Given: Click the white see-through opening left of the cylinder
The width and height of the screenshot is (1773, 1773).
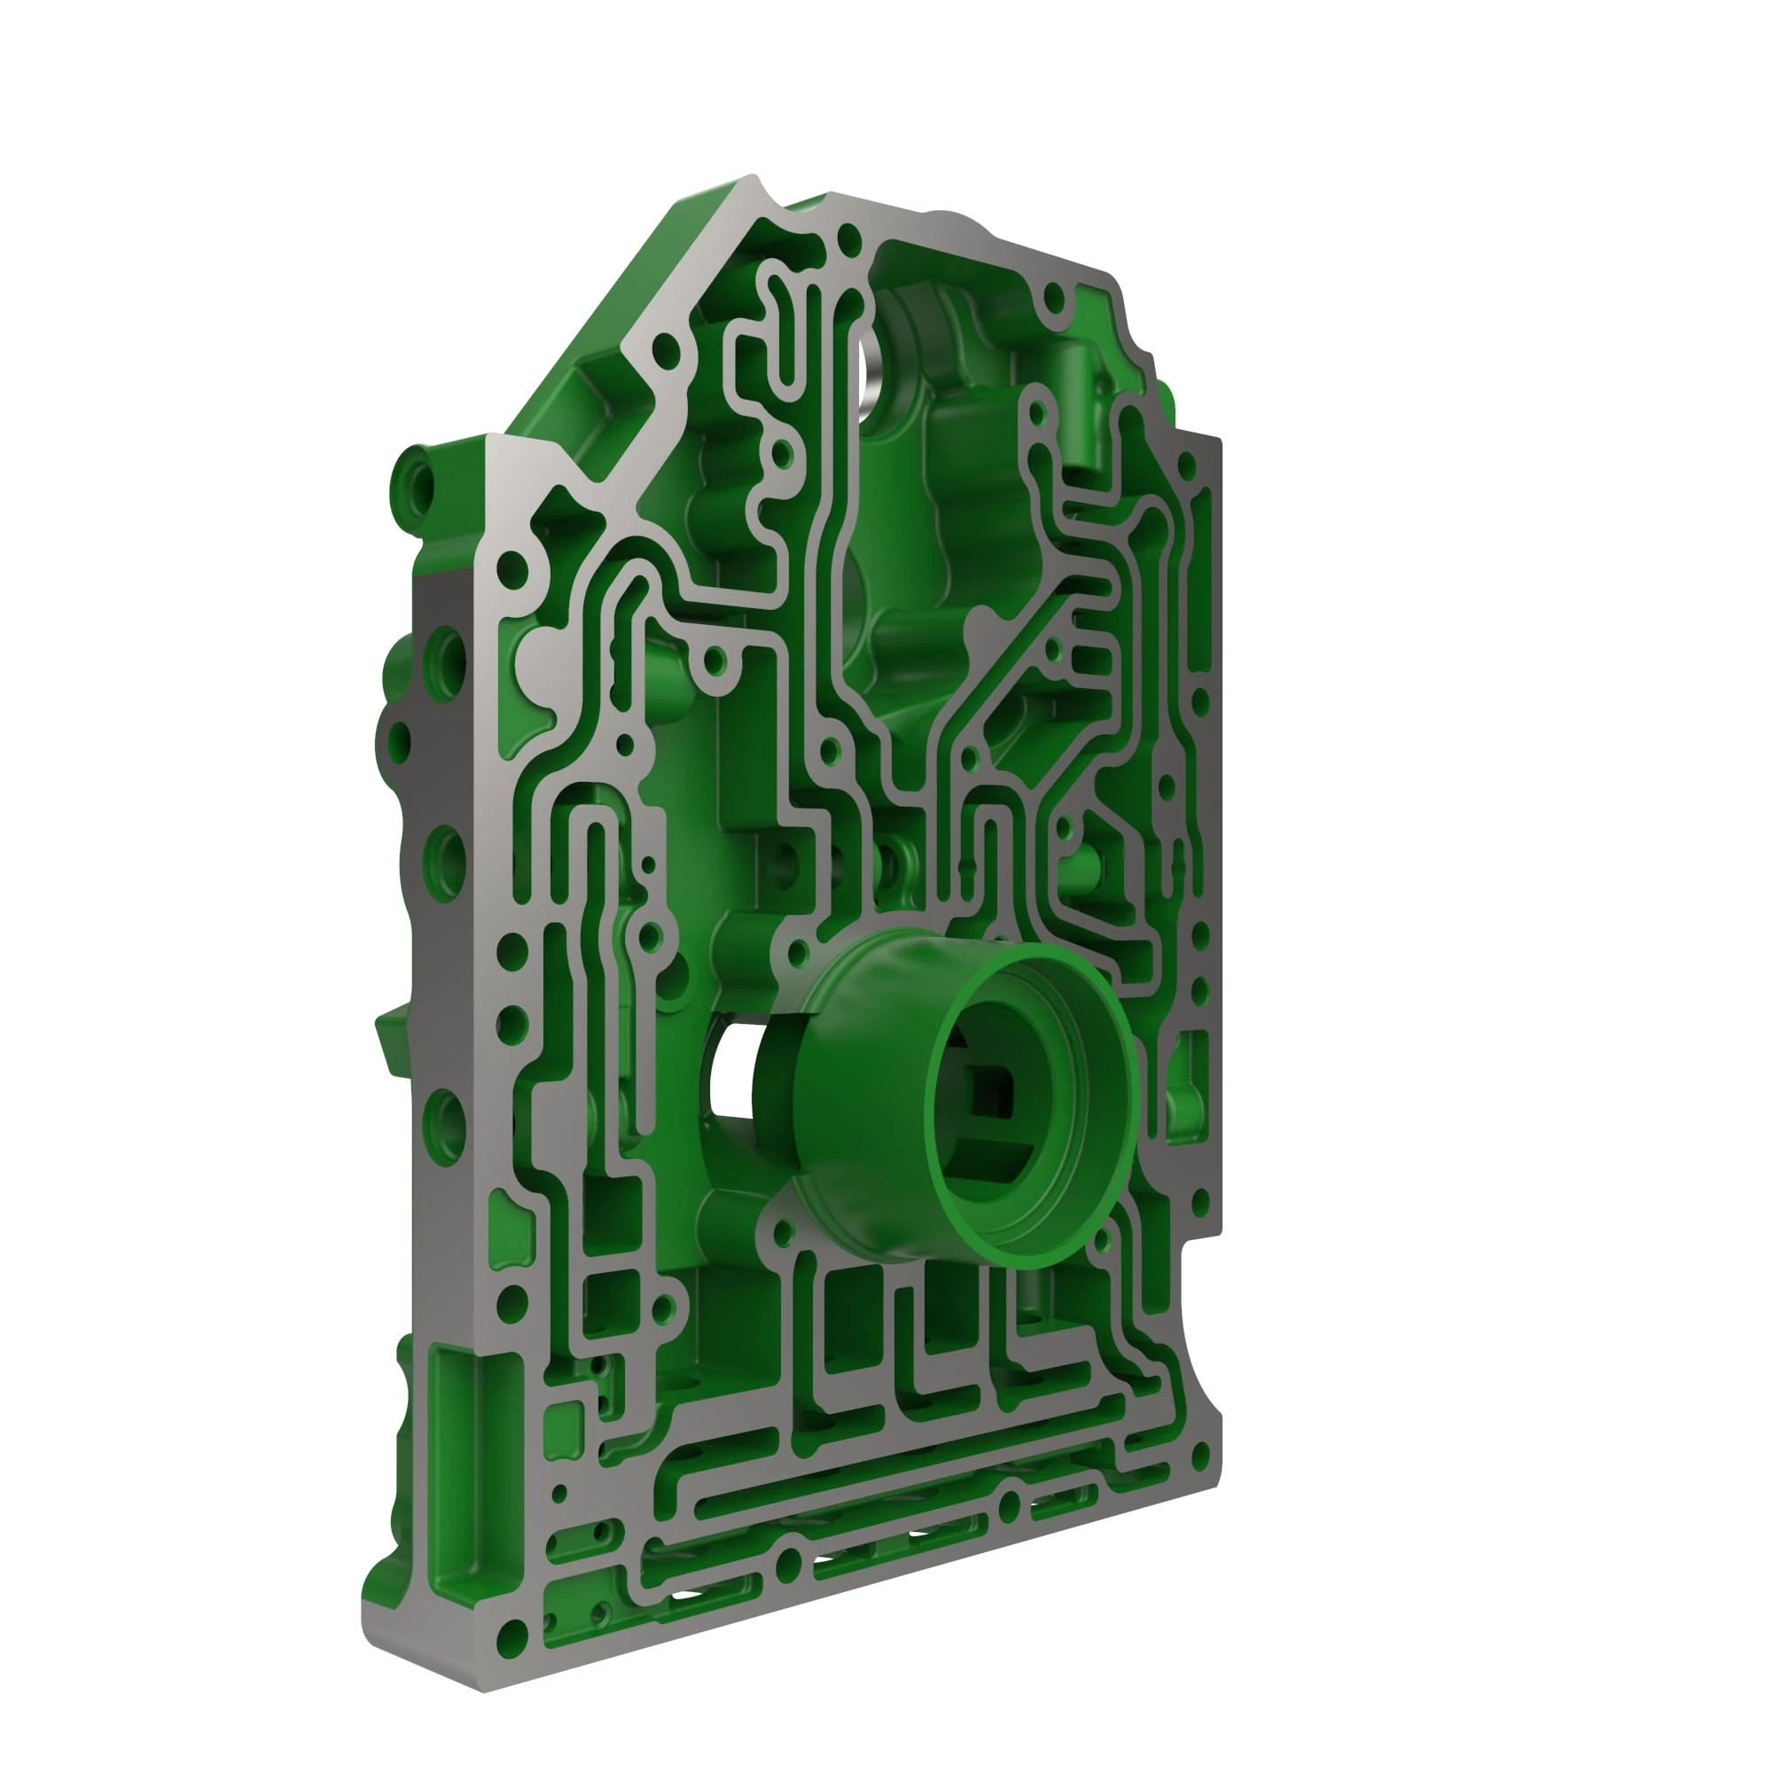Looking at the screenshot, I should (x=730, y=1070).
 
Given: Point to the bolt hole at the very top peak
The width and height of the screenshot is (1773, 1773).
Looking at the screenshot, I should (x=851, y=240).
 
